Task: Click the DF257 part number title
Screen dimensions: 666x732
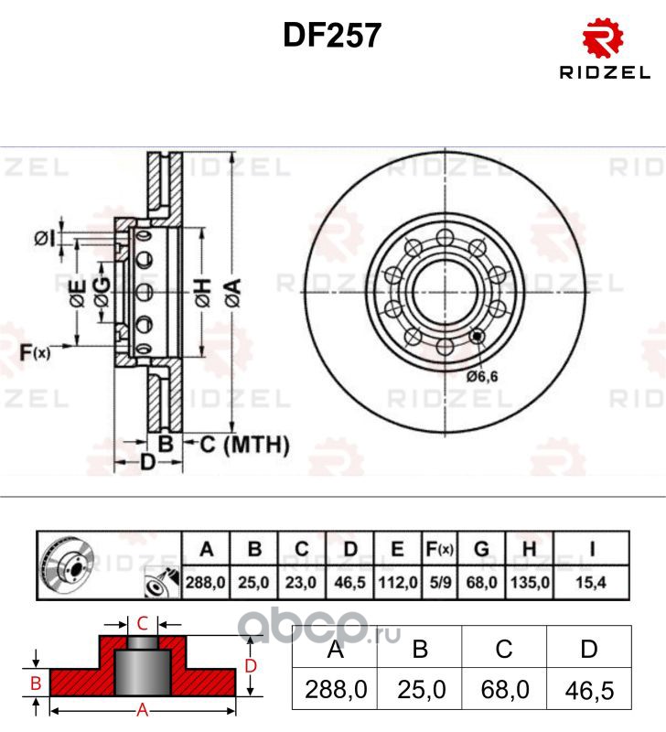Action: click(x=332, y=36)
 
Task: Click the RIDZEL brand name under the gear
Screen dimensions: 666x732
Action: click(x=605, y=72)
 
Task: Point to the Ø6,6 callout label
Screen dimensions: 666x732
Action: click(x=482, y=376)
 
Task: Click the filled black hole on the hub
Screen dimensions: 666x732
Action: click(x=477, y=336)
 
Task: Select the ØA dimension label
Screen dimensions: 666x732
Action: click(x=233, y=293)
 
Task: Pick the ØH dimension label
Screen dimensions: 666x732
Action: click(x=203, y=293)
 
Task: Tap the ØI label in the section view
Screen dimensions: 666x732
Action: click(x=45, y=239)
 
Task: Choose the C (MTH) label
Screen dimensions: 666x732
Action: click(x=244, y=445)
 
